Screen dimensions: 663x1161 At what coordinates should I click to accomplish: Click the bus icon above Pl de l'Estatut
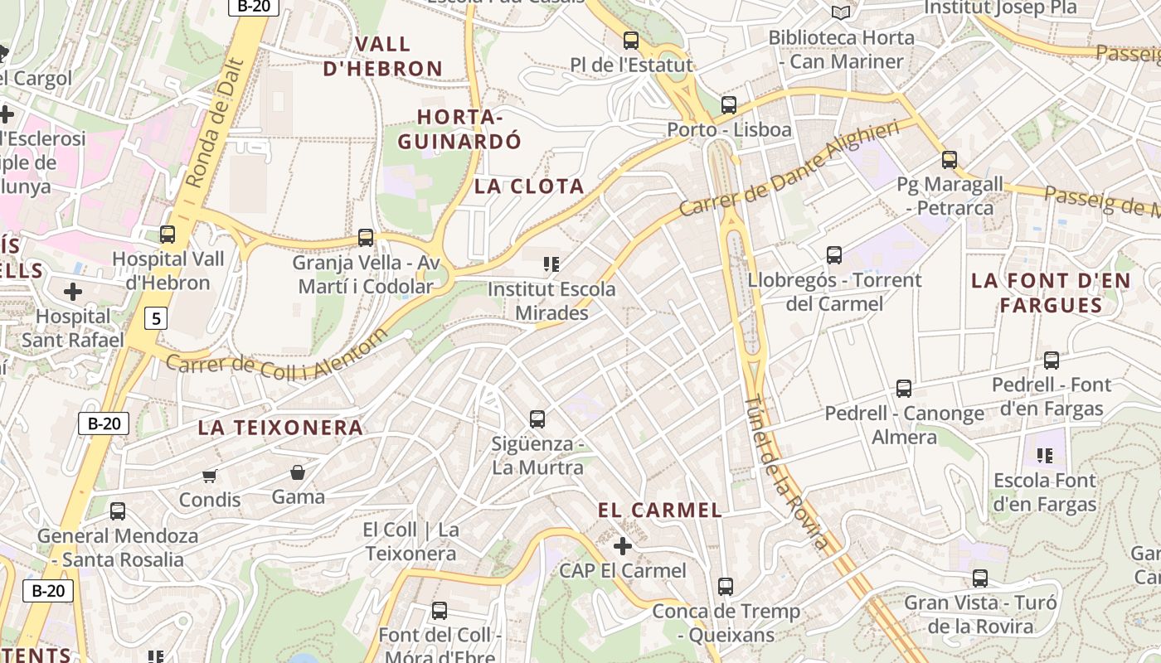(x=631, y=40)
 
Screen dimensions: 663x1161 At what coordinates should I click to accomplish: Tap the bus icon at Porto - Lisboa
(x=729, y=105)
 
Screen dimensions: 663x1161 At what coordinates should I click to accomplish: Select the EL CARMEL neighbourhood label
(x=660, y=511)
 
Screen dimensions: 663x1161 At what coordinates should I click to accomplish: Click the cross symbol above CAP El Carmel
(x=623, y=546)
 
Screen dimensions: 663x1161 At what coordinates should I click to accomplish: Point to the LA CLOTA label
(x=529, y=186)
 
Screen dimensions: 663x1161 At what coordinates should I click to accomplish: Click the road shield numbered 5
(x=155, y=317)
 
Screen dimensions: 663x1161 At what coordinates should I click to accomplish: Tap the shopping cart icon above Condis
(x=210, y=476)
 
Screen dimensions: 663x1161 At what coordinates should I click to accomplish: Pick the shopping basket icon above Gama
(x=298, y=472)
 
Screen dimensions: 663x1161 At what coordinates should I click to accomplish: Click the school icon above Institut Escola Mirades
(x=551, y=264)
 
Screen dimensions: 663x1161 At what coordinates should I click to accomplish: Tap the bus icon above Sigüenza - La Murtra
(x=537, y=419)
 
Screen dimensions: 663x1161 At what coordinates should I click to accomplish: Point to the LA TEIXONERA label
(x=280, y=428)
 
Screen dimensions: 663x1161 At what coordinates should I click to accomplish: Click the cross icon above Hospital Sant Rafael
(x=73, y=292)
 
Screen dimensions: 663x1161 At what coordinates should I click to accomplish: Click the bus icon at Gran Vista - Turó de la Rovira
(x=980, y=578)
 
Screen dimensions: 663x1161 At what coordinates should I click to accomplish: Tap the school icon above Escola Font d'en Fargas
(x=1045, y=455)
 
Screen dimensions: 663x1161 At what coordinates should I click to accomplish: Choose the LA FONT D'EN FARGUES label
(x=1051, y=293)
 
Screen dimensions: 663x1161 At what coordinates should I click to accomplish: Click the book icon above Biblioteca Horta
(x=841, y=12)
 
